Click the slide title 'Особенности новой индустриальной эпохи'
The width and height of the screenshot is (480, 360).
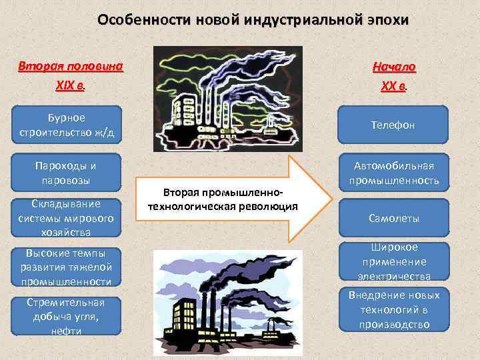pyautogui.click(x=253, y=19)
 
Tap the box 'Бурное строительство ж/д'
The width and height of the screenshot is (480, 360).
pyautogui.click(x=67, y=125)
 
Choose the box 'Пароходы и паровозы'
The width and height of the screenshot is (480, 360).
pyautogui.click(x=67, y=173)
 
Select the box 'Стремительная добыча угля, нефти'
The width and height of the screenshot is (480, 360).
pyautogui.click(x=67, y=316)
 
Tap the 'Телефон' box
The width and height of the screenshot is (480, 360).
pyautogui.click(x=395, y=125)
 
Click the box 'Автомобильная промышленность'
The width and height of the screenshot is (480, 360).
pyautogui.click(x=395, y=173)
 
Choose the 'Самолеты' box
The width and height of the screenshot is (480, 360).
pyautogui.click(x=395, y=218)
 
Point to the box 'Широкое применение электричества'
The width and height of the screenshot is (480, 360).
pyautogui.click(x=395, y=261)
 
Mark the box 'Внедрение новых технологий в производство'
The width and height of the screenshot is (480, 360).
pyautogui.click(x=395, y=309)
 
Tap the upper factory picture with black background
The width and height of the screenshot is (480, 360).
pyautogui.click(x=227, y=97)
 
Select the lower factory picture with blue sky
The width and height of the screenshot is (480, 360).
pyautogui.click(x=227, y=303)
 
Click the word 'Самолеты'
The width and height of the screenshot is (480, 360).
pyautogui.click(x=395, y=218)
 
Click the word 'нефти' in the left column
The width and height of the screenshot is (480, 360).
pyautogui.click(x=67, y=331)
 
